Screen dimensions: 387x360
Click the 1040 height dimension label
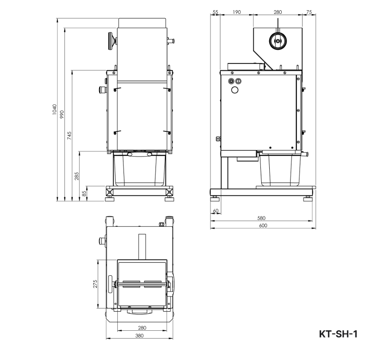click(x=54, y=110)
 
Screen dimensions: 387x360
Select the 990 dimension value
click(x=62, y=114)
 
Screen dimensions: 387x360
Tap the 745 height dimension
click(x=69, y=136)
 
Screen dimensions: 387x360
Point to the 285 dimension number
click(x=77, y=176)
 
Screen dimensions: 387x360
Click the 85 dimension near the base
click(x=84, y=193)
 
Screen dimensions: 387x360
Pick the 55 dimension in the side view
click(x=215, y=12)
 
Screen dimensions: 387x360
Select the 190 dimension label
click(x=236, y=12)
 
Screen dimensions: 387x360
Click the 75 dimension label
click(x=309, y=12)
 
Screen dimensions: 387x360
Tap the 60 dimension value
click(x=215, y=211)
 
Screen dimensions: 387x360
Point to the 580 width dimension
click(x=261, y=218)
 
